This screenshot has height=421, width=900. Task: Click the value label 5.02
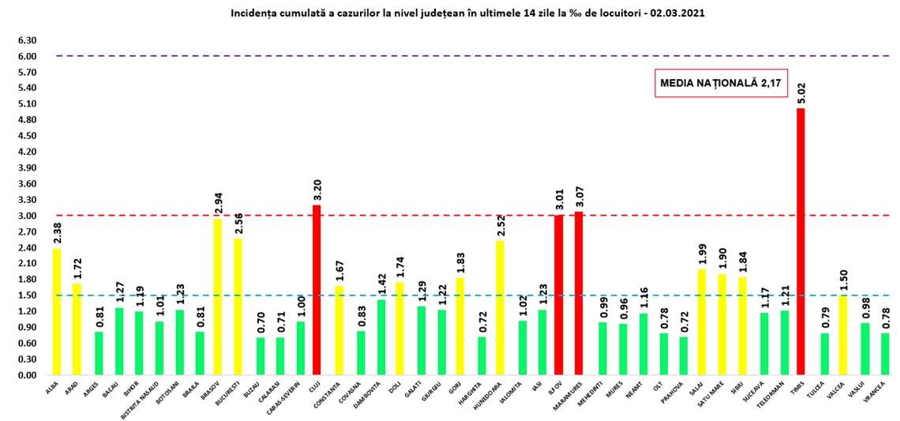801,94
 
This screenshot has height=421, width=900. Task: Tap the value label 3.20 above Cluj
317,190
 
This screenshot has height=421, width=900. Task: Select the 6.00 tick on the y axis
28,56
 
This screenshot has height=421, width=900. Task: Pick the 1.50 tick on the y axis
28,295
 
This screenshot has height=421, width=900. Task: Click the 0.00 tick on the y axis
28,375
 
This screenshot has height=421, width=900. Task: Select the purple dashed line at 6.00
395,56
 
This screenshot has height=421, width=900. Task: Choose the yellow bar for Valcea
841,335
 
